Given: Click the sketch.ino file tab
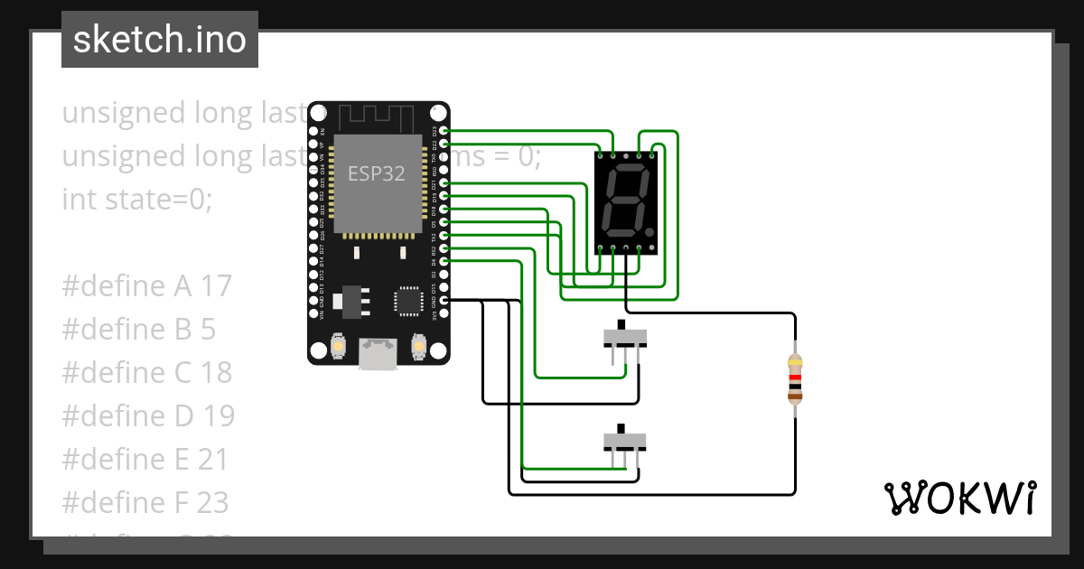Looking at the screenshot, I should [160, 40].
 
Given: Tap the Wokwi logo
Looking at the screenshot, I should [958, 498].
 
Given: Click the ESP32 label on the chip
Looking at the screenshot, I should [377, 173].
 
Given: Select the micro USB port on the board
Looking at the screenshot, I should [378, 353].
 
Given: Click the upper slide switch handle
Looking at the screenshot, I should [621, 325].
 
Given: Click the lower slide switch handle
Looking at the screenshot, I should [621, 428].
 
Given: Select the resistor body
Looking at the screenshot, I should [795, 378].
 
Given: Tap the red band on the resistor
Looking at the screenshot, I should [795, 378].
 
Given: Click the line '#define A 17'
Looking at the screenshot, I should [146, 286].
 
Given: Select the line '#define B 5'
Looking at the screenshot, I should [138, 330].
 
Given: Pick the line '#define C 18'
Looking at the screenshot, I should [146, 373].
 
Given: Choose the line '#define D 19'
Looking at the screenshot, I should [147, 416].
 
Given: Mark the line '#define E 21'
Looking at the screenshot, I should [145, 460].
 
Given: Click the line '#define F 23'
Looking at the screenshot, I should [145, 502].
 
